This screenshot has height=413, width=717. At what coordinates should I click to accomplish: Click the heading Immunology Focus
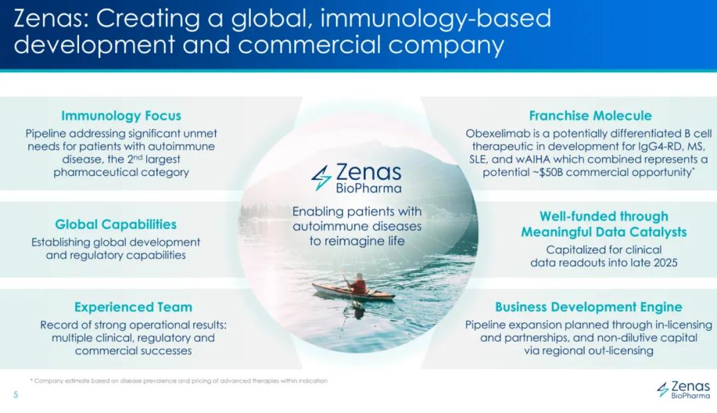coord(121,116)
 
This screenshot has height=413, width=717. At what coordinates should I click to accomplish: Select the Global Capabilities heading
coord(116,224)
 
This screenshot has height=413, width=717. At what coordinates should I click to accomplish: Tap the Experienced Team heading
coord(133,307)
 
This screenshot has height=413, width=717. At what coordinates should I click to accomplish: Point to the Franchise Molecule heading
coord(590,116)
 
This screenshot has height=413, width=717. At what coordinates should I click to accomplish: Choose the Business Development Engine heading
coord(588,307)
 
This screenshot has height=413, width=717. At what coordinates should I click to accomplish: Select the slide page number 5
coord(16,394)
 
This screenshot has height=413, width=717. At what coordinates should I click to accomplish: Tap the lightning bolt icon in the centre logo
coord(321,177)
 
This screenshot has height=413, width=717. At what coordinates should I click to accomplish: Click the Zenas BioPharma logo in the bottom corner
coord(684,390)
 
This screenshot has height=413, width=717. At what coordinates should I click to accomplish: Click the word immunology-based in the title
coord(436,20)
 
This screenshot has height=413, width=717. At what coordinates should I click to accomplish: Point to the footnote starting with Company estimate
coord(179,380)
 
